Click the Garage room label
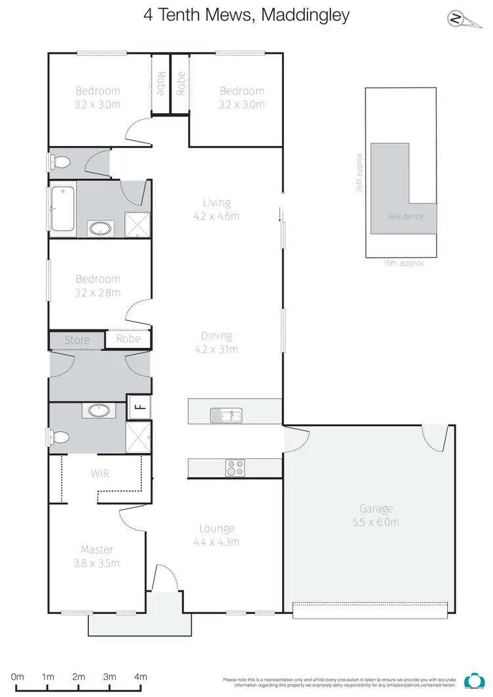[x=376, y=508]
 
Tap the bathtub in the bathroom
[x=62, y=209]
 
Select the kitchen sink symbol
[x=226, y=415]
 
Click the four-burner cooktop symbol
[x=235, y=468]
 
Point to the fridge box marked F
[x=139, y=406]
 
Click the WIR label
[x=100, y=473]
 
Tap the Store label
[x=77, y=340]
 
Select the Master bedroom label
[x=97, y=549]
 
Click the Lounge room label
[x=216, y=529]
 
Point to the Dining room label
[x=216, y=336]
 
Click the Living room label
[x=216, y=203]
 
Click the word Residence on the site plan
[x=406, y=216]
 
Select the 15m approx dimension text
[x=404, y=263]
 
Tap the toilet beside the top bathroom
[x=61, y=162]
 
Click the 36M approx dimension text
[x=359, y=172]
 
